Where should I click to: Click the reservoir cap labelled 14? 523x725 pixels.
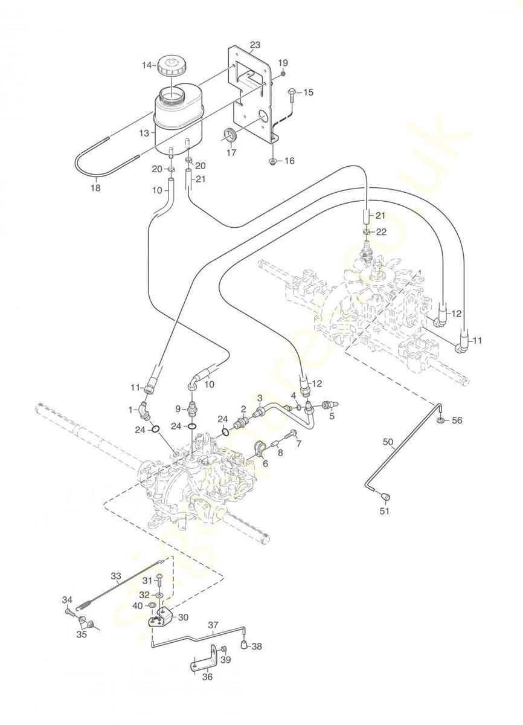[x=171, y=67]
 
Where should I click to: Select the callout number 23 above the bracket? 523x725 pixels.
[x=255, y=45]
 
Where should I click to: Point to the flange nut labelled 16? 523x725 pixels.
[x=272, y=161]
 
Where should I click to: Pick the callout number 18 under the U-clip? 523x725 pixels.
[x=96, y=187]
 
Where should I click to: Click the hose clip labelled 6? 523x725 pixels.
[x=261, y=448]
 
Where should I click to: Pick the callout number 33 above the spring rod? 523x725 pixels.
[x=116, y=576]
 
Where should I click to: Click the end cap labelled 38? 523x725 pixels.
[x=245, y=645]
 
